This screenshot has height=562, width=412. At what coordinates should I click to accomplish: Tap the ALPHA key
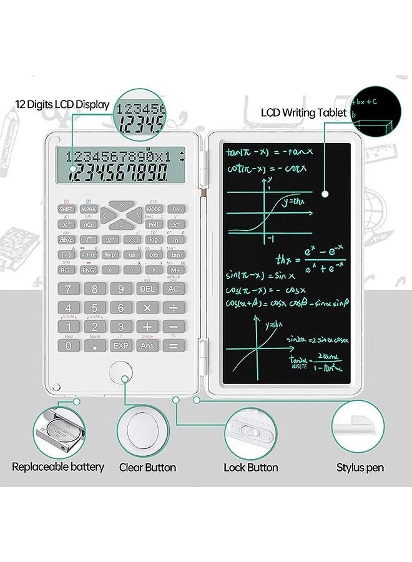[89, 209]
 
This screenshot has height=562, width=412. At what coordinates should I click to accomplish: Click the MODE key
[154, 209]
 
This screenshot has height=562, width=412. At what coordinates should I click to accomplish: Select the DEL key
[147, 289]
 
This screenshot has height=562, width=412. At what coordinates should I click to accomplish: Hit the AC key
[174, 289]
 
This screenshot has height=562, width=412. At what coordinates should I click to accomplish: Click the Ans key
[147, 345]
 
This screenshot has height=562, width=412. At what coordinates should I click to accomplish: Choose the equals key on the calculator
[174, 345]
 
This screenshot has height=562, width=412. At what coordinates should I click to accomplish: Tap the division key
[174, 308]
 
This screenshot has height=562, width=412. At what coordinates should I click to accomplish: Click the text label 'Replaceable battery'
[58, 467]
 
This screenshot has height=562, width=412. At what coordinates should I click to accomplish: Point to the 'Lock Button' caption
[251, 468]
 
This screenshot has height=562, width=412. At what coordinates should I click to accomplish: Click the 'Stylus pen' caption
[360, 468]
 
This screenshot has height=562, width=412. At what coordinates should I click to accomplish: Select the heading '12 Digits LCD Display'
[62, 105]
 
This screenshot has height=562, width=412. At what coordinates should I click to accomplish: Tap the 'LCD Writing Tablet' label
[303, 113]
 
